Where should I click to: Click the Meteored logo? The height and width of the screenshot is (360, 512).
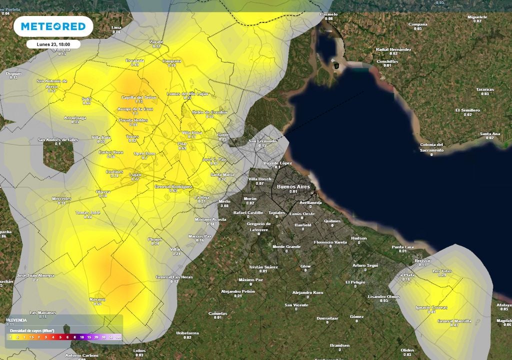53,26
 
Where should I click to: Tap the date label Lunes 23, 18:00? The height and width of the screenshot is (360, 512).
53,44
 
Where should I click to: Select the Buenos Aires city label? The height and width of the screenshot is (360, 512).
293,186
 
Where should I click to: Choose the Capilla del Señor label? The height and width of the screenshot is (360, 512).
139,97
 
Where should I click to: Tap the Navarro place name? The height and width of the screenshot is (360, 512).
97,299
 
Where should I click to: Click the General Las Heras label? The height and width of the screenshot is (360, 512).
174,277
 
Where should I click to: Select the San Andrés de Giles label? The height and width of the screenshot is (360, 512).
58,139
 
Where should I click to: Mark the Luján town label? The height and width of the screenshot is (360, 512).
135,174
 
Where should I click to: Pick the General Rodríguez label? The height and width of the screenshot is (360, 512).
173,186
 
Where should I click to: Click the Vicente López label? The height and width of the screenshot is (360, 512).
277,163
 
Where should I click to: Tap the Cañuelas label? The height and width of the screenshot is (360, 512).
217,313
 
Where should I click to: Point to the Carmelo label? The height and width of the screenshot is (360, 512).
328,14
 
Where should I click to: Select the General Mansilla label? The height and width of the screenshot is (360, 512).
454,321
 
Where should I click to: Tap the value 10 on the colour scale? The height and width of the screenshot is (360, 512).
82,337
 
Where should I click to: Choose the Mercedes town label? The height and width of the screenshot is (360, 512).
61,199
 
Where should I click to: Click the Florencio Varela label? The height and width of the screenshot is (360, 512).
330,242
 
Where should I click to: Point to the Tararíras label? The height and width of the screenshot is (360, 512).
484,89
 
